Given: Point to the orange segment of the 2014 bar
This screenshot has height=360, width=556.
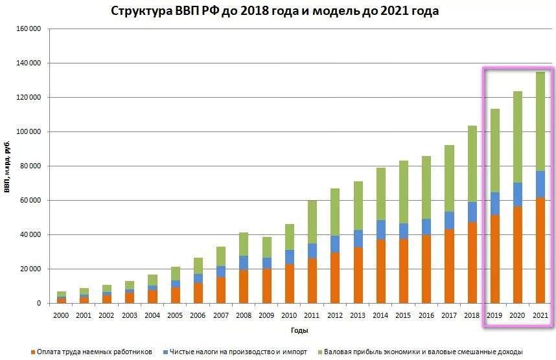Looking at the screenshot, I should [380, 271].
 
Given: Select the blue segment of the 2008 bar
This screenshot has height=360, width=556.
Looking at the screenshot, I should [244, 262].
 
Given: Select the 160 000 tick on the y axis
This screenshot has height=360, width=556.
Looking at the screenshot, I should [27, 29].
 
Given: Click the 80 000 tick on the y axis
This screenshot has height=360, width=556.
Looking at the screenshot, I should [29, 166].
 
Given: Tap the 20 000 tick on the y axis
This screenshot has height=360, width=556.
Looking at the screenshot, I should [29, 269].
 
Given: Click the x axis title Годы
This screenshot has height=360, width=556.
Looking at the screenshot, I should [299, 330].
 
